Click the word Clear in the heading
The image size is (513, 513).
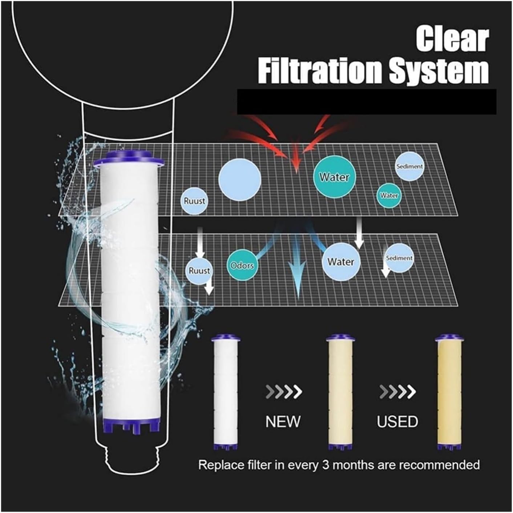(452, 39)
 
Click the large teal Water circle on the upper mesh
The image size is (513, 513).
(334, 177)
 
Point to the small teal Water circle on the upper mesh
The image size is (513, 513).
(389, 195)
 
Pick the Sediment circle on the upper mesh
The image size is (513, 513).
(409, 166)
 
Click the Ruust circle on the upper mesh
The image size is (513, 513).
(194, 201)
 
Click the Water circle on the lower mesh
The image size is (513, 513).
(341, 262)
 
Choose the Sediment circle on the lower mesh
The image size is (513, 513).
(399, 258)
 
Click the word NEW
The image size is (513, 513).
(283, 422)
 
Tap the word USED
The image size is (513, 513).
(397, 422)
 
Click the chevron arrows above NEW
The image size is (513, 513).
(284, 392)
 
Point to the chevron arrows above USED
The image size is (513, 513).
(397, 392)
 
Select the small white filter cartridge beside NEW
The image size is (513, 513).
(226, 392)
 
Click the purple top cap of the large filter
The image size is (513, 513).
(129, 161)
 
